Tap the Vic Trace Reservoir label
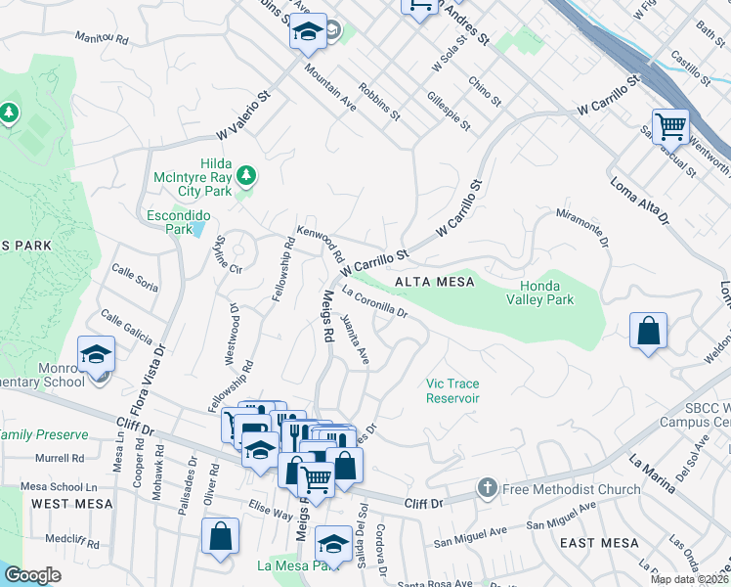pyautogui.click(x=452, y=391)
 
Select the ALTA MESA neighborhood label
pyautogui.click(x=434, y=282)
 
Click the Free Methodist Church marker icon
pyautogui.click(x=488, y=488)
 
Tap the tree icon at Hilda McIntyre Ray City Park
pyautogui.click(x=247, y=175)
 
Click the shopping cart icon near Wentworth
pyautogui.click(x=670, y=125)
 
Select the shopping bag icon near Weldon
pyautogui.click(x=648, y=331)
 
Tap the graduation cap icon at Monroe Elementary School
pyautogui.click(x=97, y=353)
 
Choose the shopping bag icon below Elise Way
pyautogui.click(x=220, y=536)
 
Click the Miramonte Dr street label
pyautogui.click(x=582, y=227)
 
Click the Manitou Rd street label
pyautogui.click(x=103, y=39)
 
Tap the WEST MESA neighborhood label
pyautogui.click(x=62, y=503)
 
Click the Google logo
pyautogui.click(x=32, y=575)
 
